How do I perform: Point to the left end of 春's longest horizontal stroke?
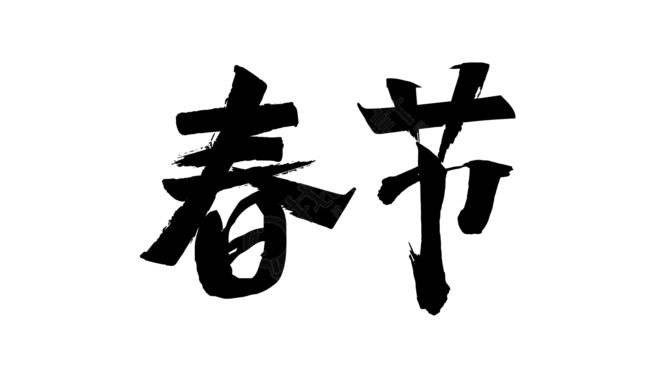point(164,183)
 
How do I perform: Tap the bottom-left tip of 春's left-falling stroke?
point(141,256)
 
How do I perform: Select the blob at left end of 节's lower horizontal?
point(388,190)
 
